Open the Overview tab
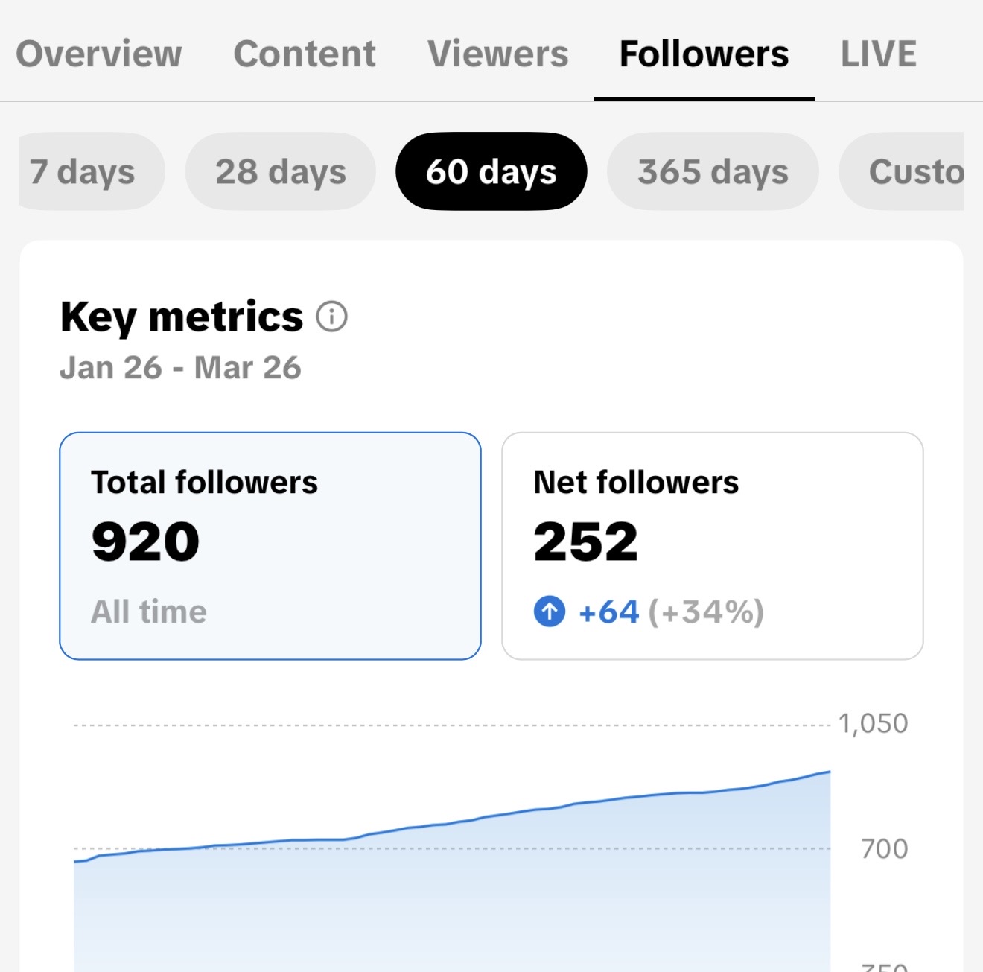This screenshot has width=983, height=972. tap(99, 54)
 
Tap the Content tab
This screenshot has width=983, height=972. tap(305, 54)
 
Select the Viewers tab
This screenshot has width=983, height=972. tap(497, 54)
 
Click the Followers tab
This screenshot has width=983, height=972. tap(704, 54)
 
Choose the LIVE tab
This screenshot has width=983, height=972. tap(878, 54)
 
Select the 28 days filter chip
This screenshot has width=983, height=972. tap(281, 171)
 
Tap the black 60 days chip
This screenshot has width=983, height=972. tap(491, 171)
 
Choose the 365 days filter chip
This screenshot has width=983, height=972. tap(713, 171)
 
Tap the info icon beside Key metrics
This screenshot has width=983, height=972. tap(331, 317)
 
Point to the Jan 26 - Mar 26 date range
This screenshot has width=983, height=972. tap(180, 368)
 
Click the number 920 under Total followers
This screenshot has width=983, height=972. tap(146, 541)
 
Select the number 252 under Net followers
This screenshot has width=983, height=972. tap(586, 541)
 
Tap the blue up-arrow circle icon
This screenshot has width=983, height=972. tap(550, 612)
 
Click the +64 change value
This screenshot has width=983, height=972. tap(609, 612)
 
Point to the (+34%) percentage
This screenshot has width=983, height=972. tap(706, 612)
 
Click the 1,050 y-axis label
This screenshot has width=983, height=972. tap(873, 723)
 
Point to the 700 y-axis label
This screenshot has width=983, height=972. tap(884, 848)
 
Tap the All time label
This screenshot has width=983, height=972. tap(149, 612)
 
